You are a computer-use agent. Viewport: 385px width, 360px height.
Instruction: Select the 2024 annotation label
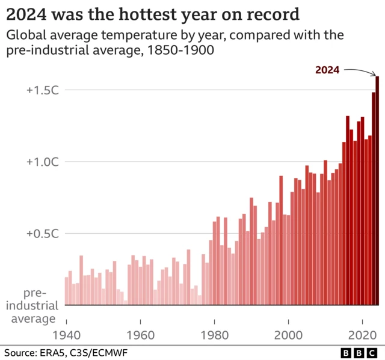click(x=327, y=70)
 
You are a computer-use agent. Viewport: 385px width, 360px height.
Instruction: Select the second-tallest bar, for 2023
click(x=374, y=199)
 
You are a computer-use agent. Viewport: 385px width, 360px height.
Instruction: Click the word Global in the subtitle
click(x=25, y=35)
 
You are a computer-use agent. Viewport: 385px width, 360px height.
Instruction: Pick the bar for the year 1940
click(x=66, y=291)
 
